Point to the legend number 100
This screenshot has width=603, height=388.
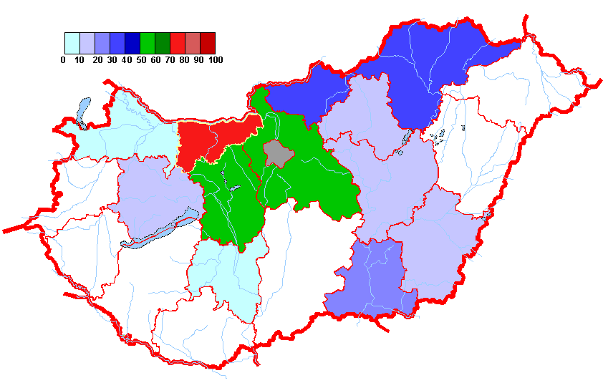point(215,60)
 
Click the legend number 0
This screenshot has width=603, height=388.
point(64,60)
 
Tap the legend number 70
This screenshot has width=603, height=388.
point(170,60)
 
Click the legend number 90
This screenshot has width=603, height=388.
point(199,60)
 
